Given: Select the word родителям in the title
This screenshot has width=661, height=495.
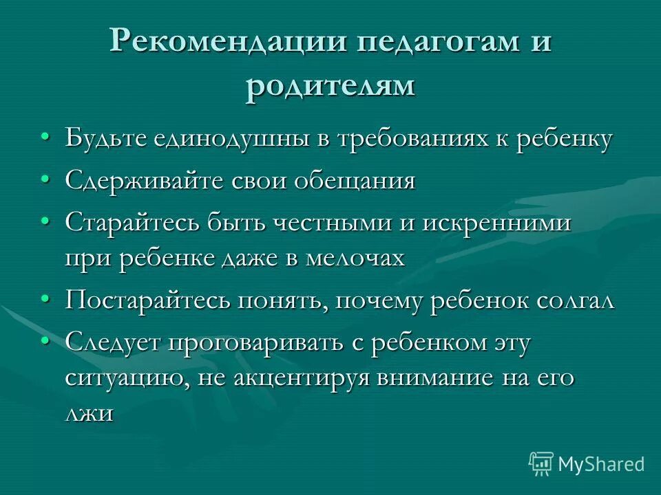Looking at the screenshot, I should click(x=330, y=87).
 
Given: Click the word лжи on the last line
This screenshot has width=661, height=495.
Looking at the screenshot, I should click(x=90, y=414).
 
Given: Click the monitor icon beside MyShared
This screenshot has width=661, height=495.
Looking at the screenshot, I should click(x=541, y=463).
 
